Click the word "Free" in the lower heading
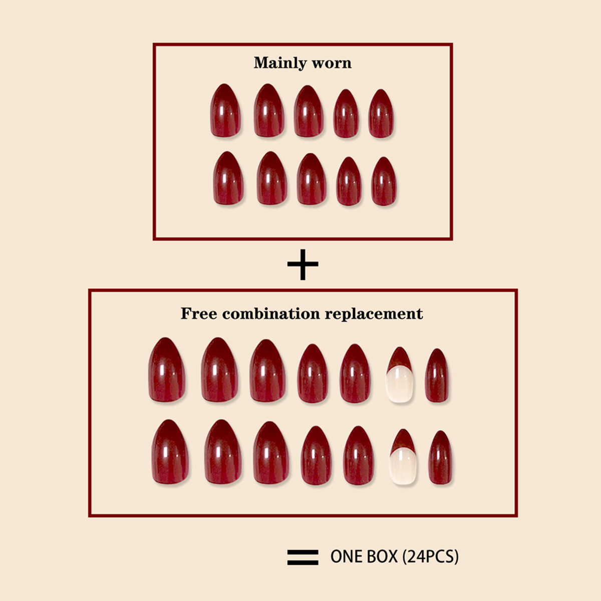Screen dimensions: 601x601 199,313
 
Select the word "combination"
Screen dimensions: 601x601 271,313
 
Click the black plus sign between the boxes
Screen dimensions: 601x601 303,264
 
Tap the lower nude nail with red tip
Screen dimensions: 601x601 404,457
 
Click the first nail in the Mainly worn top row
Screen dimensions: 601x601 225,110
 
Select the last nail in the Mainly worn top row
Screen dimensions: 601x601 381,114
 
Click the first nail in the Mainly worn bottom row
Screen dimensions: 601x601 228,178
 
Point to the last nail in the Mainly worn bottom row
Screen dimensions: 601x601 384,181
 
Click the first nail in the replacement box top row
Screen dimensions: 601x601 167,370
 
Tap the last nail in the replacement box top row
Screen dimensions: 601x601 437,376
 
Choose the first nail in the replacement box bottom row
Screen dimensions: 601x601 170,452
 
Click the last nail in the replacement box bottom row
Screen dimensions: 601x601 440,458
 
